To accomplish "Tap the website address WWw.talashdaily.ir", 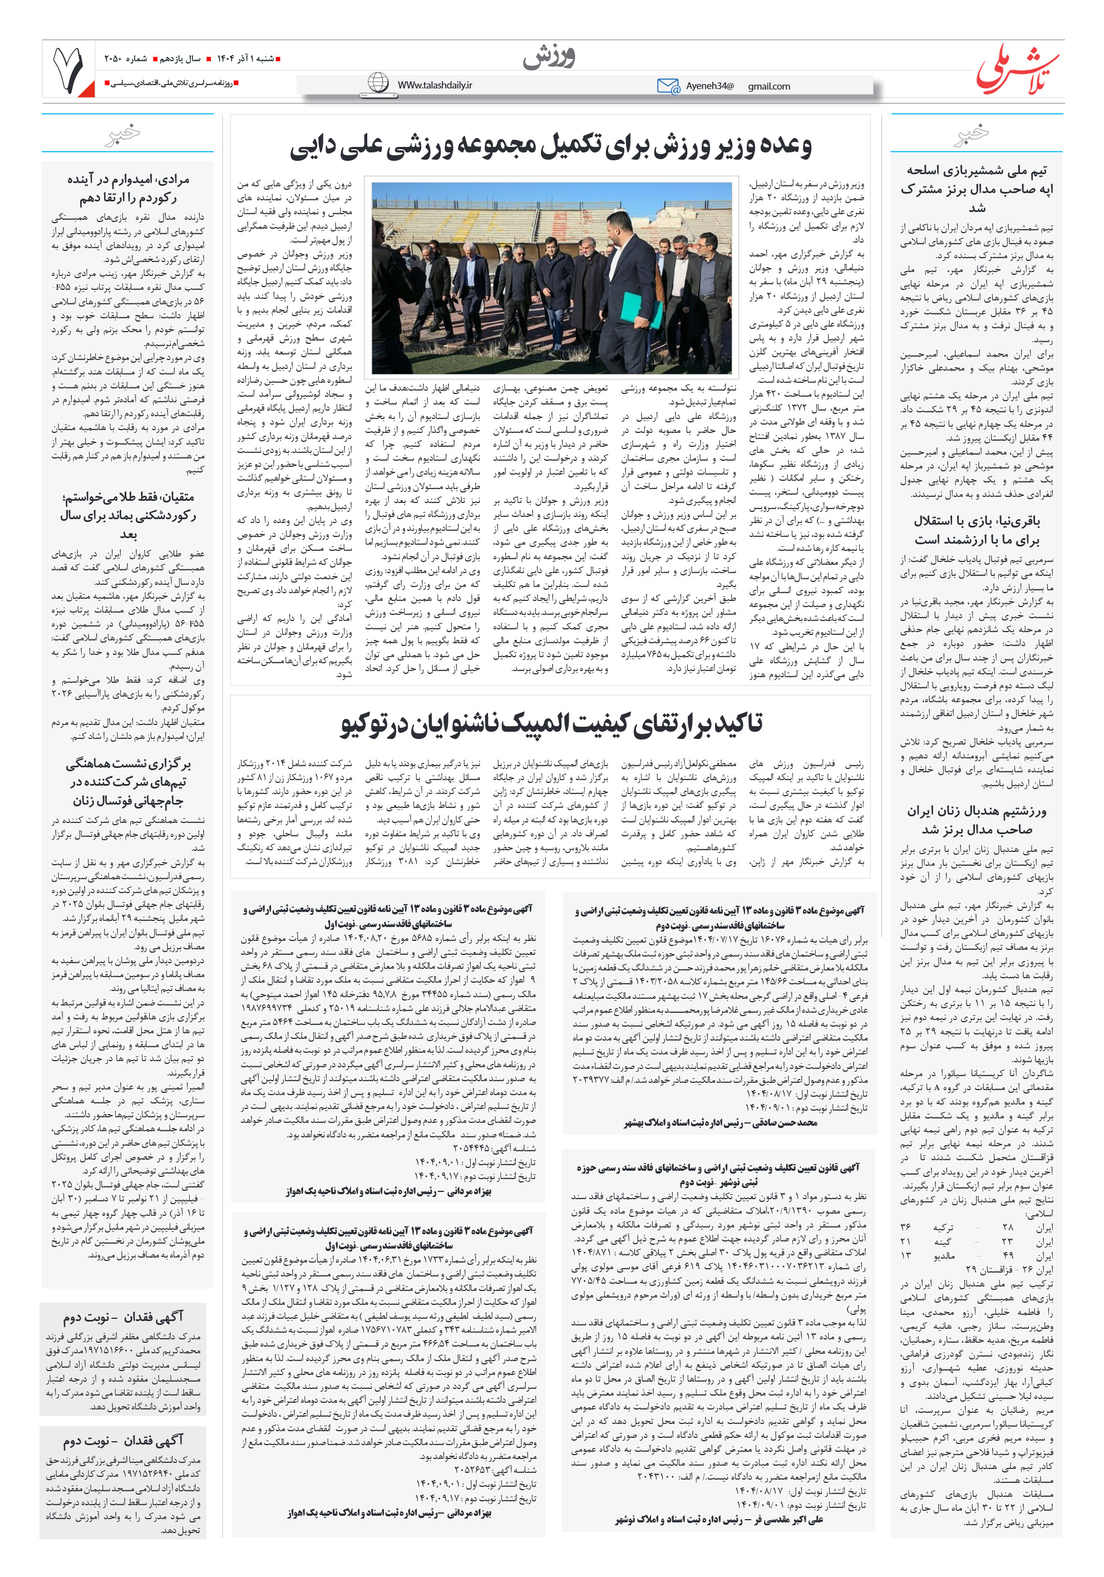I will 434,85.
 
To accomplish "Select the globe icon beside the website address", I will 378,83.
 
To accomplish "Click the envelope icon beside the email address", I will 667,86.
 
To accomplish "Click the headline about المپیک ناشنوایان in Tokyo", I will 550,725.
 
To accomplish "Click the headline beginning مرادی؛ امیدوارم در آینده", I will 128,188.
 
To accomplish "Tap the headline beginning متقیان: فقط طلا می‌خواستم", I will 128,515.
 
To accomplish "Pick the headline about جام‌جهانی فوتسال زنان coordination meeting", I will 128,782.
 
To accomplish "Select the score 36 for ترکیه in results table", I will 905,1226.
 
